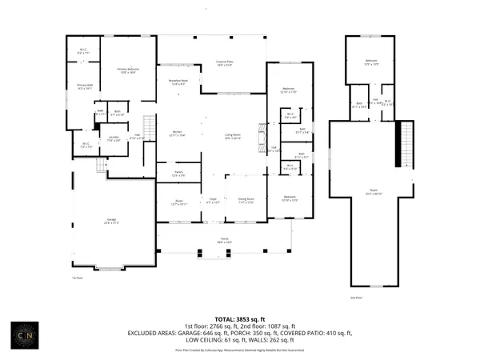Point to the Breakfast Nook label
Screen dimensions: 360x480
coord(178,82)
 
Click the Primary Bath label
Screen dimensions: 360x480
coord(85,87)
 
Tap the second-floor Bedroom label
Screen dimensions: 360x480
coord(371,62)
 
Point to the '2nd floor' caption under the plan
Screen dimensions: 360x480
coord(358,297)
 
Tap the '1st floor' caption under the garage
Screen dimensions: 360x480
coord(78,278)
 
